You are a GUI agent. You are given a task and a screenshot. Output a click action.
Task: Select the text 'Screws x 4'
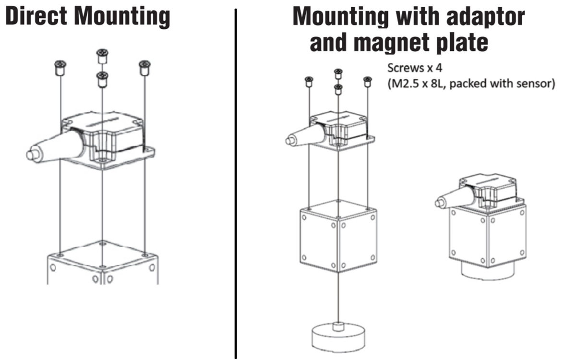[414, 68]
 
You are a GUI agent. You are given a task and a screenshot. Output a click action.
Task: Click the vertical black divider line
[236, 182]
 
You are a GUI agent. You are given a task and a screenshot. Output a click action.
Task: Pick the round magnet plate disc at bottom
[338, 338]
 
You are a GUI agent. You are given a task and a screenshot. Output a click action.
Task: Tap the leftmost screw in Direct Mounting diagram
[60, 67]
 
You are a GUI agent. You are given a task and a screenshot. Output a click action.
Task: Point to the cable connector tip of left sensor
[32, 155]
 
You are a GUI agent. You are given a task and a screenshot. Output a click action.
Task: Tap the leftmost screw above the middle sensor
[308, 82]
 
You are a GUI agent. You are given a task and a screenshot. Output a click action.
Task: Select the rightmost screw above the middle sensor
[368, 82]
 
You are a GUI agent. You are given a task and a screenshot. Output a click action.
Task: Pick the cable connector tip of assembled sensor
[438, 203]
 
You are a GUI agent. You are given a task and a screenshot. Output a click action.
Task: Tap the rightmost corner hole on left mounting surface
[145, 253]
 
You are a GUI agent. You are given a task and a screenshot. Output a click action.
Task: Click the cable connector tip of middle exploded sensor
[289, 141]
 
